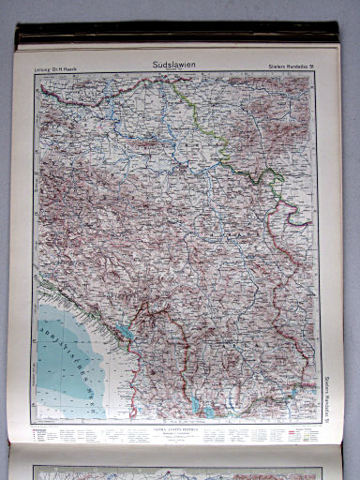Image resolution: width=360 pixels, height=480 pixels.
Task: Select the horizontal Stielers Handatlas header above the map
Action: tap(286, 65)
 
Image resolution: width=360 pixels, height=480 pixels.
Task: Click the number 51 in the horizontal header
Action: tap(308, 65)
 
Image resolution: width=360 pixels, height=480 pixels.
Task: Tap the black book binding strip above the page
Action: tap(178, 38)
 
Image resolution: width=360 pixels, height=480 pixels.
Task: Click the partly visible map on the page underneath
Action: tap(178, 468)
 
